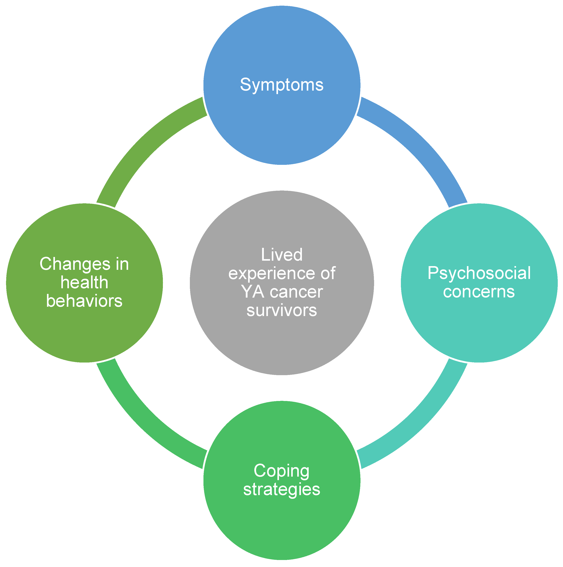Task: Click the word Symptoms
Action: [x=282, y=85]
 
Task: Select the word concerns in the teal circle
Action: [x=479, y=292]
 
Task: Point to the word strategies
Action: [x=282, y=489]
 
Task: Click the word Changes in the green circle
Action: [x=75, y=264]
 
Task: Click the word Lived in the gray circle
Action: [x=282, y=255]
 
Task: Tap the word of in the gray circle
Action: [x=328, y=273]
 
